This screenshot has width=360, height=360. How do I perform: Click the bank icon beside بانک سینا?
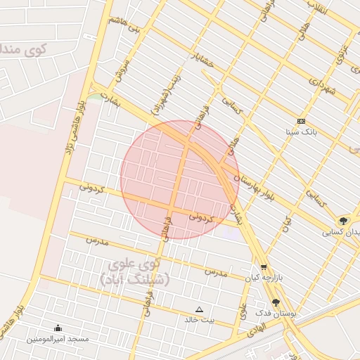coord(301,121)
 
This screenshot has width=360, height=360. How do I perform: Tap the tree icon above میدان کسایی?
coord(343,220)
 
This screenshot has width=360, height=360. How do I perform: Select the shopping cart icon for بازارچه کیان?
coord(264,267)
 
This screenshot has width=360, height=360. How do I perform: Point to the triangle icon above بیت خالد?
coord(199,309)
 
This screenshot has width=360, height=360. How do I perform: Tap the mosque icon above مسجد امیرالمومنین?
coord(58,328)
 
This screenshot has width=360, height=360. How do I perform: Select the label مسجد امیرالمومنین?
coord(58,339)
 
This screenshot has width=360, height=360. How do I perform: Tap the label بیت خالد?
coord(199,319)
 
